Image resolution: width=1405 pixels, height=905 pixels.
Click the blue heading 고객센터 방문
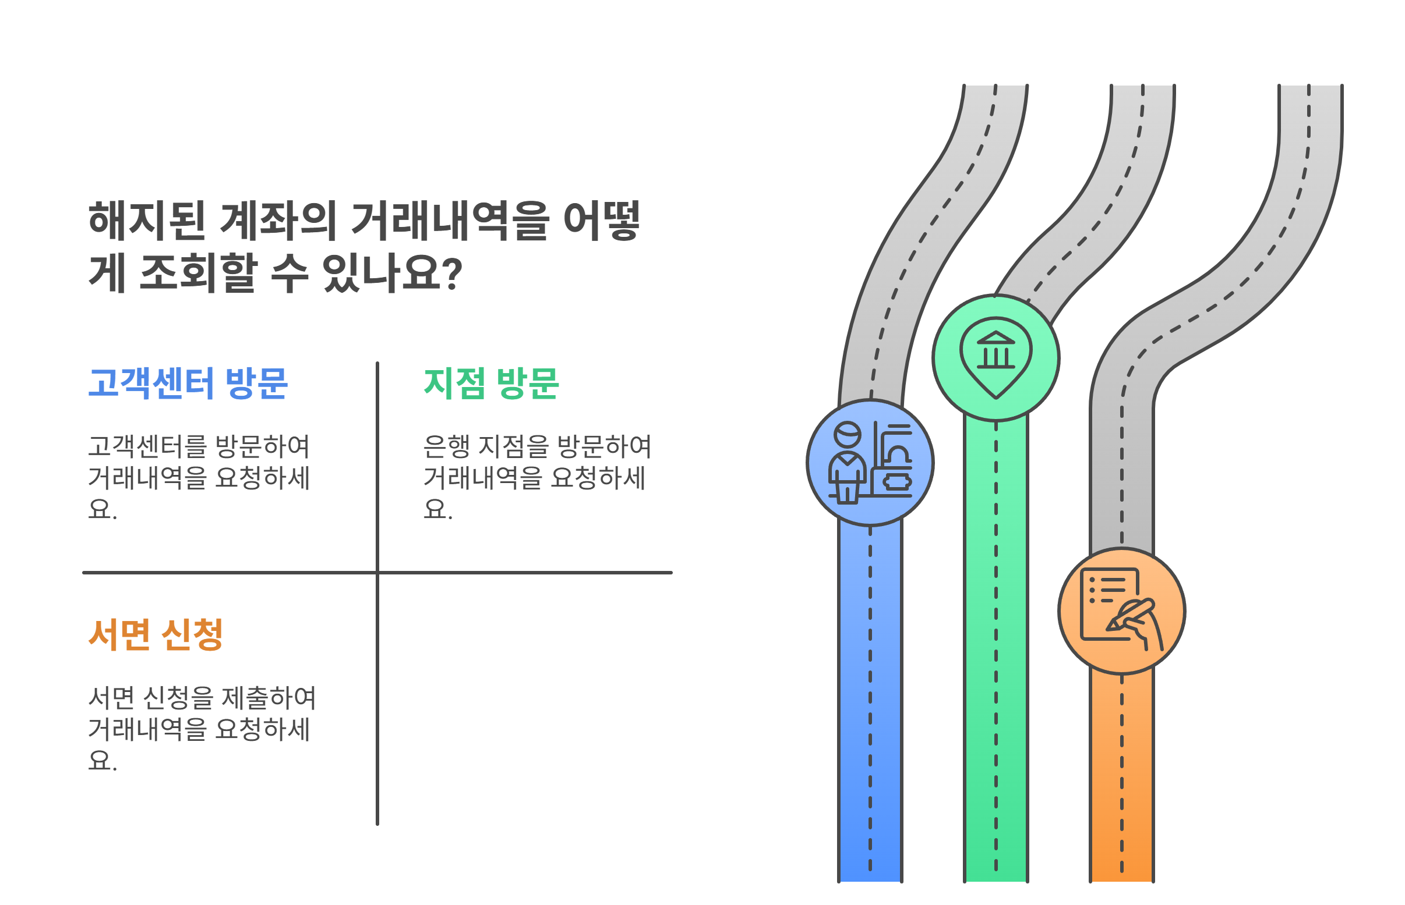click(x=188, y=384)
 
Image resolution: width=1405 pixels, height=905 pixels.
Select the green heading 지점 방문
click(x=491, y=384)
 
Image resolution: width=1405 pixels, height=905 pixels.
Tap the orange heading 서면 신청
click(x=156, y=635)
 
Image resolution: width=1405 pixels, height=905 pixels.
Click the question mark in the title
click(x=451, y=274)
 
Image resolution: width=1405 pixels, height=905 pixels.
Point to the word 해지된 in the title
click(x=147, y=221)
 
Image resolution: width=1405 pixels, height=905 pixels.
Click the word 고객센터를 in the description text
click(x=147, y=446)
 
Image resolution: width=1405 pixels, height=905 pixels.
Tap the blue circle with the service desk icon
click(x=870, y=463)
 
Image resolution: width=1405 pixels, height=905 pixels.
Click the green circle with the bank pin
click(x=995, y=358)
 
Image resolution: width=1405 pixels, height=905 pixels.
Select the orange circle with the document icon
click(x=1121, y=611)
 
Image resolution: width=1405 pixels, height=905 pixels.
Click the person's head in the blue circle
click(x=848, y=435)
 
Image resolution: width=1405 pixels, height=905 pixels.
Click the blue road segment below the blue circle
click(x=870, y=705)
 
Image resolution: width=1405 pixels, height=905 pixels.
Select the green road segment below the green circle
click(x=995, y=647)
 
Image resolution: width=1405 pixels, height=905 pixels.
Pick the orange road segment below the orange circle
click(x=1121, y=776)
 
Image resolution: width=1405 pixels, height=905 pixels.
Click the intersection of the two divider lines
click(x=377, y=572)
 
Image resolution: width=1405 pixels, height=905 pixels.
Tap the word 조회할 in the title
click(x=198, y=274)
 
